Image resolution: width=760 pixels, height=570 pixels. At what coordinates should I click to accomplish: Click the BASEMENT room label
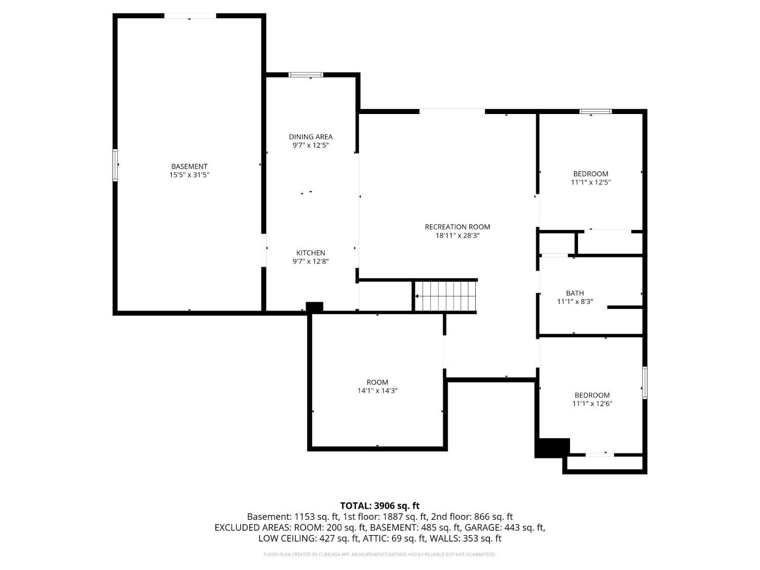click(189, 167)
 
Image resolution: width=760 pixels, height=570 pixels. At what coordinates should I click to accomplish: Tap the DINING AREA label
click(311, 137)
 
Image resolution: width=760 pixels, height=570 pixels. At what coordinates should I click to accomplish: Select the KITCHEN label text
click(311, 253)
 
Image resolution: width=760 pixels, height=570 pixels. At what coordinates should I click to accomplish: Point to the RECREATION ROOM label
click(457, 226)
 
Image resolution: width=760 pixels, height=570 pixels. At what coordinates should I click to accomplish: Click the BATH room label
click(575, 293)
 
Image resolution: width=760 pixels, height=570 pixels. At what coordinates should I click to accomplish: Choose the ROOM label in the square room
click(377, 382)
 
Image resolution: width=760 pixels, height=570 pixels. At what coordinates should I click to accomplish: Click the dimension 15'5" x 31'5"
click(189, 175)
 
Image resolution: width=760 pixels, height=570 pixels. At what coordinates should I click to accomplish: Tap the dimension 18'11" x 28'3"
click(457, 235)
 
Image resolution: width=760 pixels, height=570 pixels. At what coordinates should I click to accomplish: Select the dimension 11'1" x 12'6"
click(592, 403)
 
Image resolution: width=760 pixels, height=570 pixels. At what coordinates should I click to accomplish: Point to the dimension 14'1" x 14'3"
click(377, 391)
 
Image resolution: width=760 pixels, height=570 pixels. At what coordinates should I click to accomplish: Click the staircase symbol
click(445, 296)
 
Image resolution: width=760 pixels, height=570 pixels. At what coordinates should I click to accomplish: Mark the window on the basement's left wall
click(115, 165)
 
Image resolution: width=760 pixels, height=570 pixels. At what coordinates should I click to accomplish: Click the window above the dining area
click(306, 75)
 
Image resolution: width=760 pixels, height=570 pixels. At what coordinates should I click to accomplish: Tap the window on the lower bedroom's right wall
click(644, 383)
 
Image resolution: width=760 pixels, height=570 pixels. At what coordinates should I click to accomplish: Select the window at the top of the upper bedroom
click(595, 111)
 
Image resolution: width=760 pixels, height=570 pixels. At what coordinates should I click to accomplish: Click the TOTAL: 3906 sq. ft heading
click(380, 506)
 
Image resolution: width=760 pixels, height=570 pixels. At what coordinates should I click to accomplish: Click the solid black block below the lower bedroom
click(552, 448)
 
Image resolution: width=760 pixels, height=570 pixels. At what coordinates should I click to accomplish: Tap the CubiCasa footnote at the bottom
click(379, 554)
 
